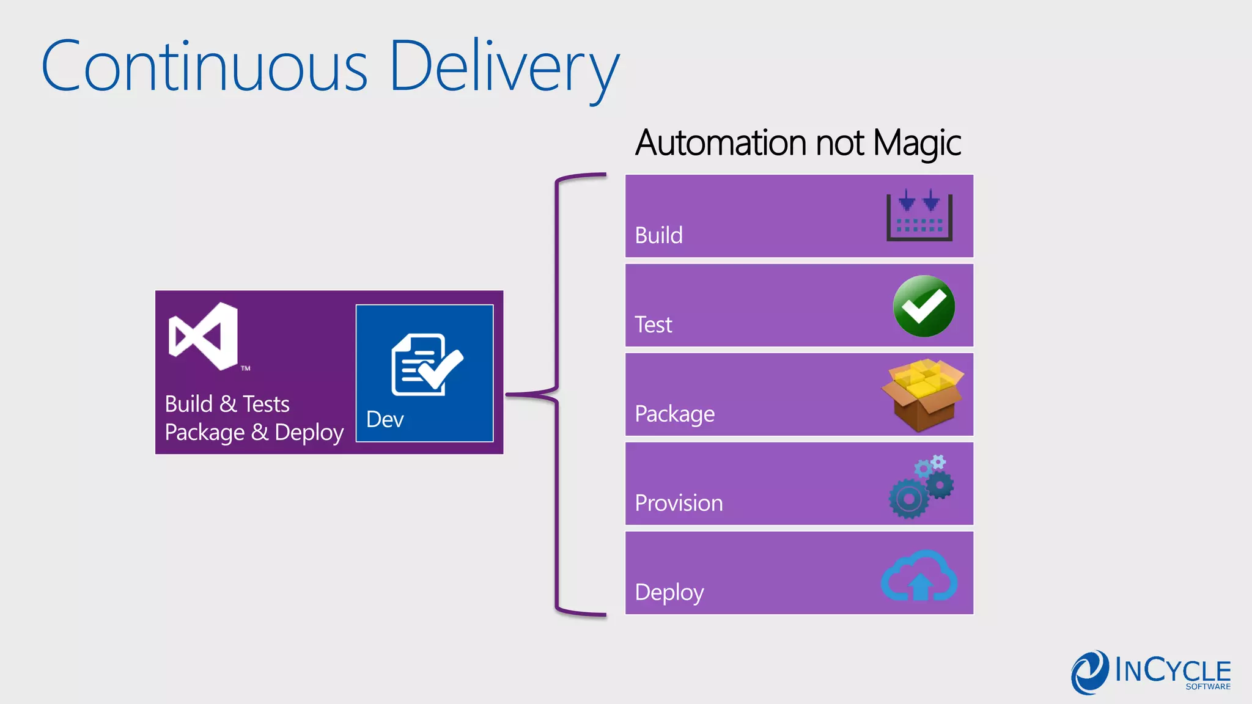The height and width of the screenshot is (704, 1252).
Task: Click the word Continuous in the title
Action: point(204,66)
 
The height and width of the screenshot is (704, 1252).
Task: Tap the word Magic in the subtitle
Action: point(917,144)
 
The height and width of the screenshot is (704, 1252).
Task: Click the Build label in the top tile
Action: point(658,235)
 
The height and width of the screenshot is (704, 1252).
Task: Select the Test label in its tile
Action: point(653,324)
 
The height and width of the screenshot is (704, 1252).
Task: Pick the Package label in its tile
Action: point(674,414)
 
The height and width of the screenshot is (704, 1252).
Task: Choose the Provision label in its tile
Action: point(679,503)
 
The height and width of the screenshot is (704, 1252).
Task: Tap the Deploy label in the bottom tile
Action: point(669,592)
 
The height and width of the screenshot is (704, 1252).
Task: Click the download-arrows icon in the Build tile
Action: point(919,216)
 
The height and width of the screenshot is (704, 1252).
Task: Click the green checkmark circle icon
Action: point(924,306)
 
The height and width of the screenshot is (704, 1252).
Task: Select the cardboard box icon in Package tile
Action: point(922,395)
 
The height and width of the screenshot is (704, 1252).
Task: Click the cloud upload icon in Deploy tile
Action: point(919,576)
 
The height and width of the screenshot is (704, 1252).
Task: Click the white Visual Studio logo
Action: point(204,336)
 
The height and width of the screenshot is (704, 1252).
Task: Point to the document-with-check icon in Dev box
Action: point(427,365)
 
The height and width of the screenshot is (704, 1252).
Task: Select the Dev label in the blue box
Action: point(385,420)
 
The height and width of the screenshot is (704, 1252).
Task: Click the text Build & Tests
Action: point(227,405)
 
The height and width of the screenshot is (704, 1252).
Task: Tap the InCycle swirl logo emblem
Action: point(1090,672)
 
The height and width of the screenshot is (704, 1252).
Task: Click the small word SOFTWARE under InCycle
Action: point(1208,687)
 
